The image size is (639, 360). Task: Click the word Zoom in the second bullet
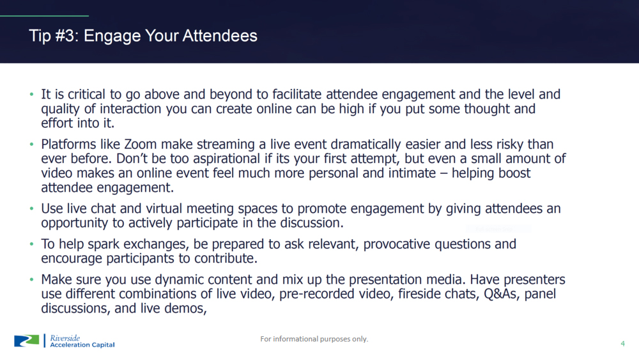click(x=140, y=145)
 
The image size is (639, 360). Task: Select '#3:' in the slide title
click(x=67, y=36)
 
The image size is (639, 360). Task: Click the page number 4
click(x=622, y=343)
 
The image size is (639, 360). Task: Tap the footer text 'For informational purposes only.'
click(x=314, y=339)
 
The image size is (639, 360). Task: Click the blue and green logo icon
click(x=26, y=341)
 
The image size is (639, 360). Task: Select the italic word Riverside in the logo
click(x=65, y=338)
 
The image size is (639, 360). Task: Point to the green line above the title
click(x=45, y=16)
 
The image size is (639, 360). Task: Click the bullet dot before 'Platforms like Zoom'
click(x=31, y=145)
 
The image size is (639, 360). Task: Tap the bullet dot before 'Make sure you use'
click(x=31, y=279)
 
